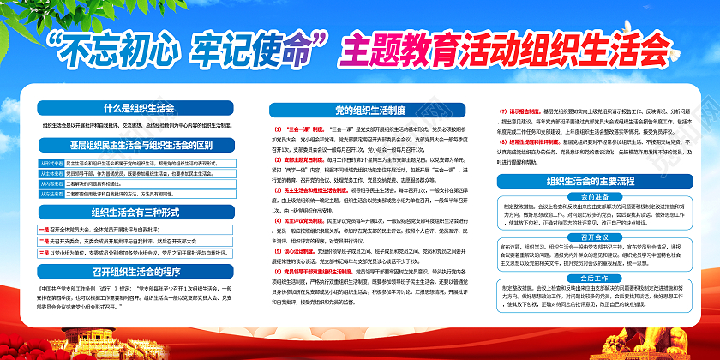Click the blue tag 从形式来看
coord(51,161)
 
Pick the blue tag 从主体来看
coord(51,172)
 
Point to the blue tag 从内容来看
coord(51,183)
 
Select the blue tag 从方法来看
coord(51,194)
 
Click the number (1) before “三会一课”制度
coord(266,127)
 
